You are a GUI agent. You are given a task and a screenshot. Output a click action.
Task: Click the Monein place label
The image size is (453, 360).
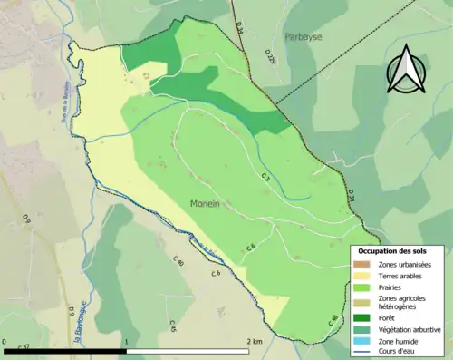click(x=207, y=205)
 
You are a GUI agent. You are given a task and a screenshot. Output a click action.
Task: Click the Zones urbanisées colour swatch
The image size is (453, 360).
click(x=362, y=264)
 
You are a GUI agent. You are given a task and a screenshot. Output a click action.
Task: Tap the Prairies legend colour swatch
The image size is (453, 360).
click(x=362, y=287)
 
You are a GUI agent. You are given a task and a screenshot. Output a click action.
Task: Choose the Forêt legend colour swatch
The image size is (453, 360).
click(x=362, y=316)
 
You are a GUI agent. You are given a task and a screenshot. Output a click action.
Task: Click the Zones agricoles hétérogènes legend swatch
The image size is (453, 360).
click(x=362, y=302)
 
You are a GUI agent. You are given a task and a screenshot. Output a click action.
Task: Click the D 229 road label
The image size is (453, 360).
click(x=270, y=57)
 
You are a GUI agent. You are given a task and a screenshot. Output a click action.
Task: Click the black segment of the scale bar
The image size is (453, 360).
click(x=64, y=350)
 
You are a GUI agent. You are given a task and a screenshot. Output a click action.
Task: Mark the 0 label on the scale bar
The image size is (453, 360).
click(x=5, y=342)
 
